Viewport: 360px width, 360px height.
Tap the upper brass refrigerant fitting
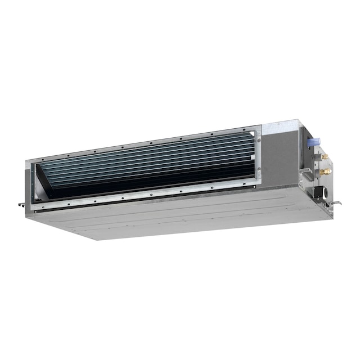324,156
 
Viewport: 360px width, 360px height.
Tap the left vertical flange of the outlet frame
29,180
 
